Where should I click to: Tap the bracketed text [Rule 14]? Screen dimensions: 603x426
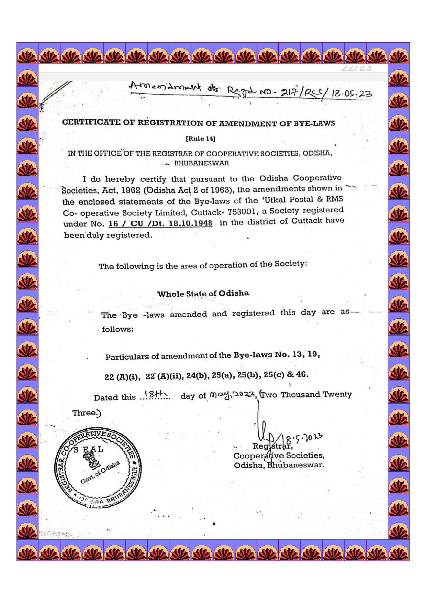click(x=200, y=139)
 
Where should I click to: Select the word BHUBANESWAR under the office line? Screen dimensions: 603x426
click(x=202, y=163)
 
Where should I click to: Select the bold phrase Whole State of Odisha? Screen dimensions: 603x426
click(x=203, y=294)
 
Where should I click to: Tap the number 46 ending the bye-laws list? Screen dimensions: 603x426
click(x=302, y=374)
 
